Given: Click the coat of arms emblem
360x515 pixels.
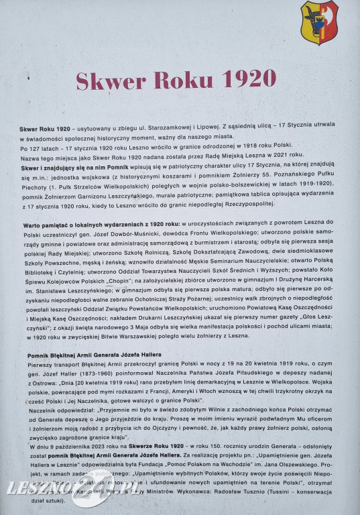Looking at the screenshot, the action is (319, 22).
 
